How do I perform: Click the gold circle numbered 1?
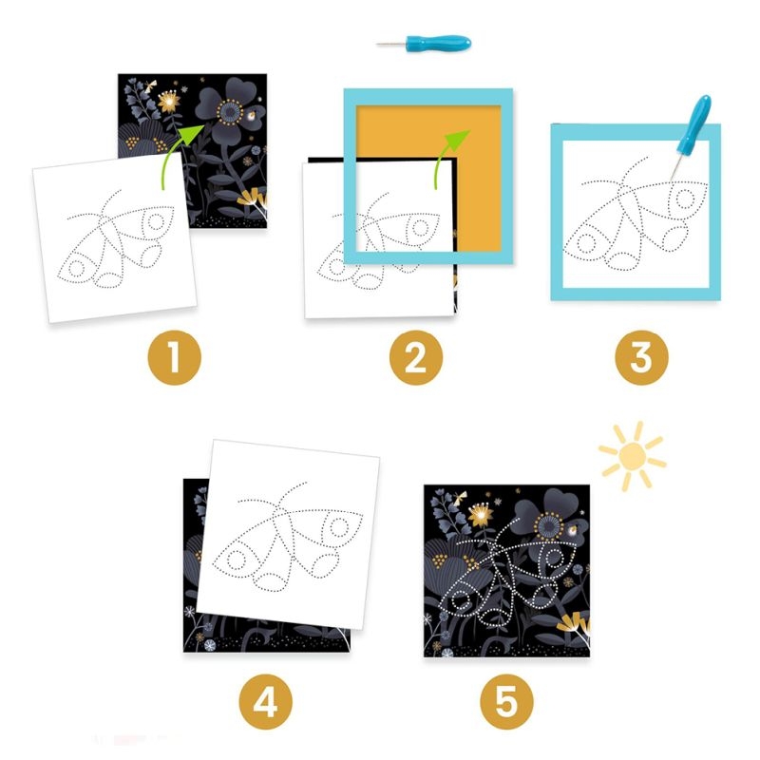[x=175, y=358]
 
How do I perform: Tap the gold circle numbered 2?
[x=416, y=358]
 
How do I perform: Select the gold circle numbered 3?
[x=642, y=358]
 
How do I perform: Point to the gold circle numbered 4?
[x=266, y=702]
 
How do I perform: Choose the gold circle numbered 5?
[x=507, y=702]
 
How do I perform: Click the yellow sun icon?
[x=633, y=456]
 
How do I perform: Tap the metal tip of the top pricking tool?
[x=390, y=45]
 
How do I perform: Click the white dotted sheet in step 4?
[x=288, y=534]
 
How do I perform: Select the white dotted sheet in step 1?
[x=115, y=237]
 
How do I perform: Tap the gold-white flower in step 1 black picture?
[x=169, y=102]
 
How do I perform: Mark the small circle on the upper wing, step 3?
[x=684, y=198]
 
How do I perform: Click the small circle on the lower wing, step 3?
[x=585, y=243]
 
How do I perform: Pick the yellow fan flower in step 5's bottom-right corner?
[x=575, y=625]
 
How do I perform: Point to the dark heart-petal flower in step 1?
[x=229, y=112]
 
